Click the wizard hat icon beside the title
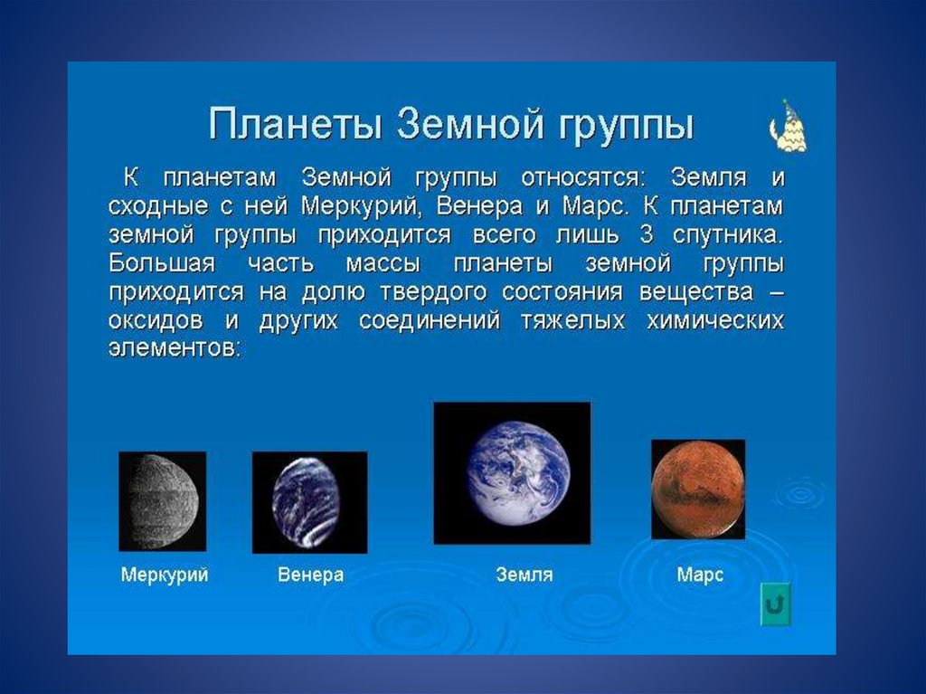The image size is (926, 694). [x=789, y=127]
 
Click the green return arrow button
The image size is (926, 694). [x=775, y=604]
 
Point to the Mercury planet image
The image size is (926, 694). [x=163, y=501]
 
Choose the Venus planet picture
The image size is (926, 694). [x=309, y=502]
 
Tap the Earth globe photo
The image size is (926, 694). [x=512, y=473]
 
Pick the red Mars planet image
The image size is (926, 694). [x=698, y=489]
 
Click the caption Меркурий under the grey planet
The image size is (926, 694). [x=165, y=575]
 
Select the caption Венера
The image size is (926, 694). [x=311, y=575]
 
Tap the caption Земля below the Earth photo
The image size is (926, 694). [x=524, y=575]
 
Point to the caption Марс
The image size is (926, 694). [x=700, y=575]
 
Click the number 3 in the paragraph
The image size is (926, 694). [x=647, y=234]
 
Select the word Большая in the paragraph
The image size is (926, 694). [x=162, y=263]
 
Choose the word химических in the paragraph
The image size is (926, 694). [x=715, y=321]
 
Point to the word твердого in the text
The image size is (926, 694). [x=433, y=292]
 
